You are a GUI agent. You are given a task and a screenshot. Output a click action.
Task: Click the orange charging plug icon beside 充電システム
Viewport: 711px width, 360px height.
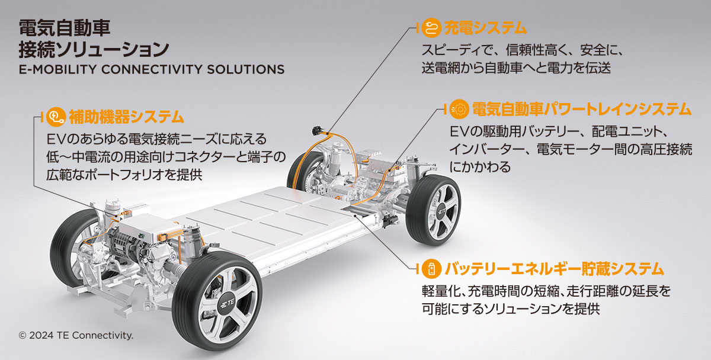tap(431, 28)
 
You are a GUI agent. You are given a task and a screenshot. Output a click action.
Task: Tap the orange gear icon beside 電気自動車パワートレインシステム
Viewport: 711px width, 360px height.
tap(459, 109)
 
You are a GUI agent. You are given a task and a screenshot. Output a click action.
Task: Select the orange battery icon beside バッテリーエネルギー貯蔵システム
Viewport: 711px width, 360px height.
tap(431, 269)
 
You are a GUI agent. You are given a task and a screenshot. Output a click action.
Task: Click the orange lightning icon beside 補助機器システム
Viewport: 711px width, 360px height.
tap(56, 117)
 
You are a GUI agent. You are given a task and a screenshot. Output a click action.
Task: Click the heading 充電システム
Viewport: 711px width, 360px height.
tap(485, 28)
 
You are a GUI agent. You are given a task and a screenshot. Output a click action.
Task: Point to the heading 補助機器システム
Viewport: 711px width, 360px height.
tap(126, 117)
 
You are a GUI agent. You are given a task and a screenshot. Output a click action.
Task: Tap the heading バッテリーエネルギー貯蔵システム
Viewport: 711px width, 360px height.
tap(554, 269)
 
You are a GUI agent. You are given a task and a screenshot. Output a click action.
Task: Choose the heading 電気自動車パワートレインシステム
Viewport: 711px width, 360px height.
tap(581, 109)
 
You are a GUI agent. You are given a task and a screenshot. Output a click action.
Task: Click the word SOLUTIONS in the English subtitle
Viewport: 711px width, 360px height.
tap(246, 69)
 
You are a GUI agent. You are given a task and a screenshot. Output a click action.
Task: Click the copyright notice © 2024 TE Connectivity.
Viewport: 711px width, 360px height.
tap(76, 335)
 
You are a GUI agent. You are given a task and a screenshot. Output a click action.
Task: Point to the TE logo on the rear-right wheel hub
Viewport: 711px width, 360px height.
tap(441, 211)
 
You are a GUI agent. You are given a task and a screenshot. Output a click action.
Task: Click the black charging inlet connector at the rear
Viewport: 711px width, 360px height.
tap(318, 131)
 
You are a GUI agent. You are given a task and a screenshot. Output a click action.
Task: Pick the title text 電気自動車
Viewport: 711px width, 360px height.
tap(65, 28)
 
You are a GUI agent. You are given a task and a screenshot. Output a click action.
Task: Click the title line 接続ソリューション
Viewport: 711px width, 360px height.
tap(94, 50)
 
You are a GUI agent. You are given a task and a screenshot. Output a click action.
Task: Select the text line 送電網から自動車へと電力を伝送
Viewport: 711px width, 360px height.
tap(517, 68)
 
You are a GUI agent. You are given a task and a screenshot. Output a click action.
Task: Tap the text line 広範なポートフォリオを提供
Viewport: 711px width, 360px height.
tap(124, 175)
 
